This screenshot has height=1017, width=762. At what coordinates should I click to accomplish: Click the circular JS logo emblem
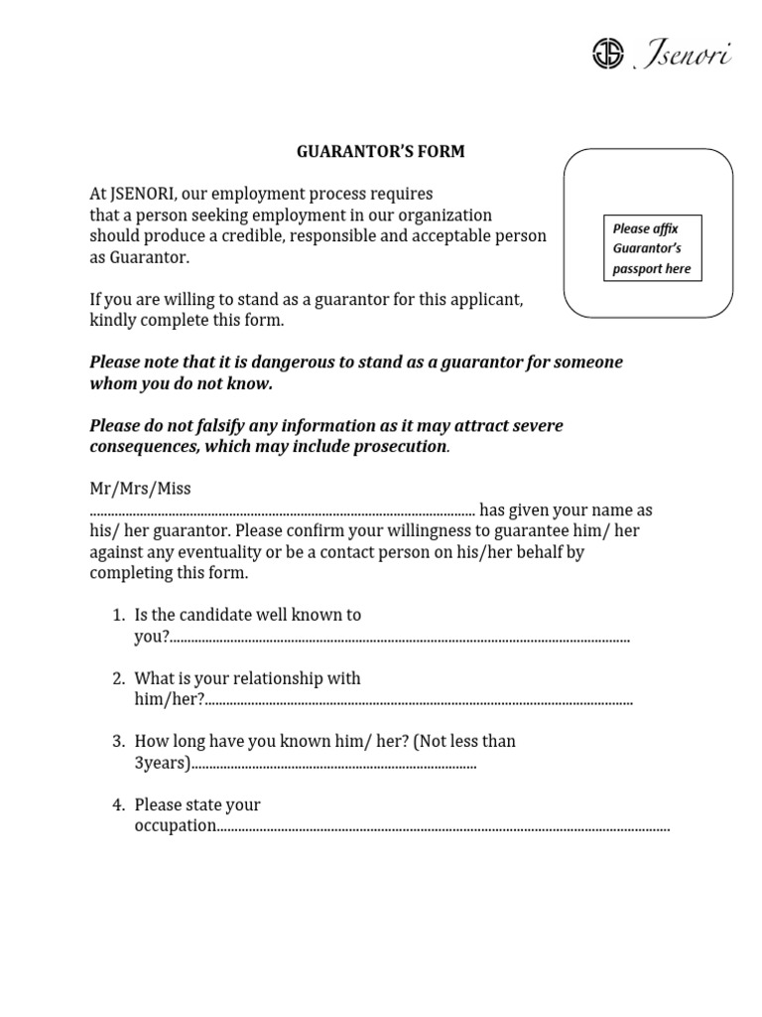(607, 54)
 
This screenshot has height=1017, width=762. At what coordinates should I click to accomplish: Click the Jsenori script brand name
(683, 55)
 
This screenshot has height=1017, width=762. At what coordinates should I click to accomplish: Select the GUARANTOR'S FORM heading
(381, 152)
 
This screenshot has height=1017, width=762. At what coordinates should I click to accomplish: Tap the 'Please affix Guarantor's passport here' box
(652, 248)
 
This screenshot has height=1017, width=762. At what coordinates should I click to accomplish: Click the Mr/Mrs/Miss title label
(141, 489)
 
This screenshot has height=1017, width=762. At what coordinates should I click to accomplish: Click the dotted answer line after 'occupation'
(443, 828)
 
